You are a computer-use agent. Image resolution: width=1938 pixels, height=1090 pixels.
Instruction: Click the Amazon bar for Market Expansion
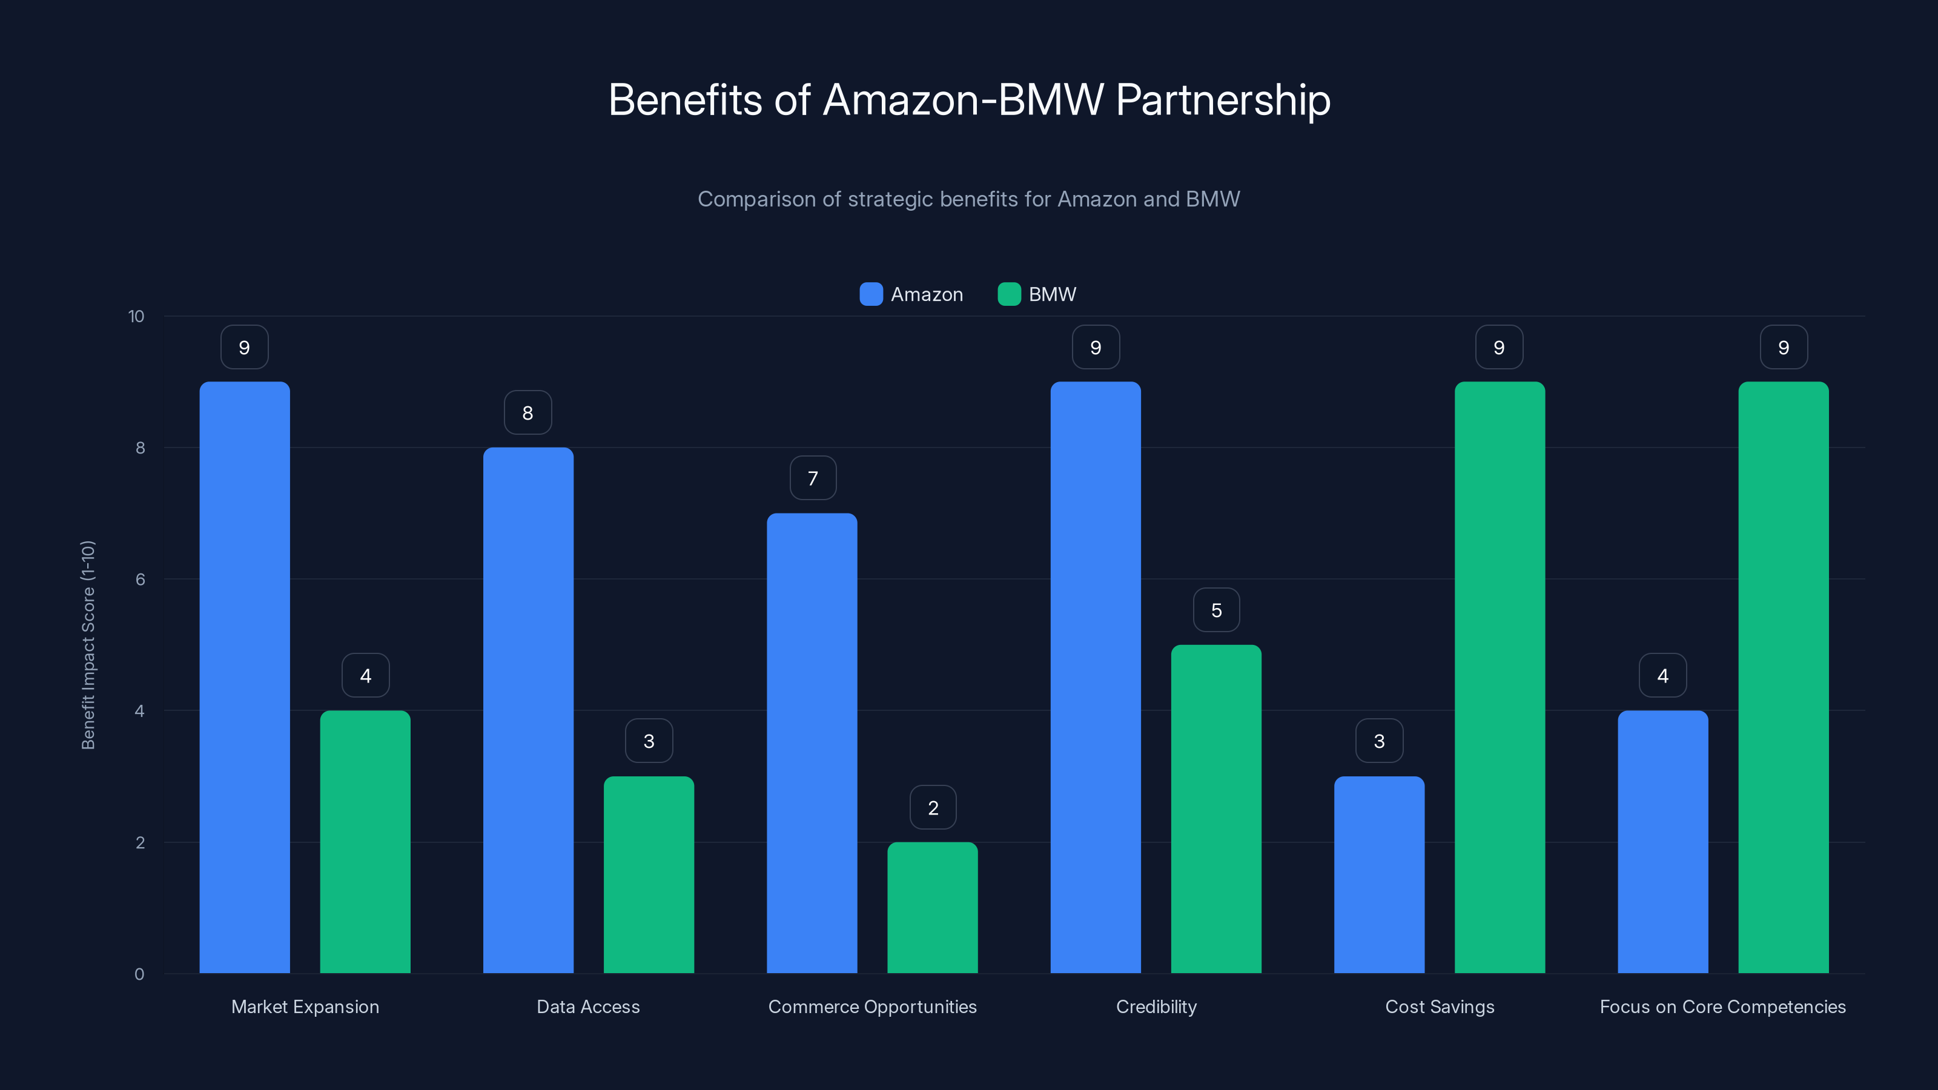click(245, 677)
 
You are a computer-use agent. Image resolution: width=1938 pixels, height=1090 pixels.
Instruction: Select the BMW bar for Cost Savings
click(1500, 677)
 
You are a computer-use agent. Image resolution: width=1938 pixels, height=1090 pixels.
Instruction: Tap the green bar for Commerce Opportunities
click(932, 907)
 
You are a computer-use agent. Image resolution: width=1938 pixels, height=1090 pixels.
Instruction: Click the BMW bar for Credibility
click(1215, 808)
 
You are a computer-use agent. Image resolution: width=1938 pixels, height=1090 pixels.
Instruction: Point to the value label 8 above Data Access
click(527, 412)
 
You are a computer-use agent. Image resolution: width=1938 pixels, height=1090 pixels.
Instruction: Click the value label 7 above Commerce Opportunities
click(813, 478)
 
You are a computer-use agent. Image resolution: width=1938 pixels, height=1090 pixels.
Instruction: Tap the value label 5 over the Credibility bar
click(1215, 610)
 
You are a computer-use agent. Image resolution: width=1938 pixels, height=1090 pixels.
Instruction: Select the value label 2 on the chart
click(933, 807)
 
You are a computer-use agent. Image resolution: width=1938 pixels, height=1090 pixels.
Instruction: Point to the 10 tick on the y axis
click(136, 316)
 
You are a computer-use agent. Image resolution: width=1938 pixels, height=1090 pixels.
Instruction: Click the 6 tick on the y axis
click(140, 580)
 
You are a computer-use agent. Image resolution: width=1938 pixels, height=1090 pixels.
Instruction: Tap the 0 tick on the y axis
click(139, 974)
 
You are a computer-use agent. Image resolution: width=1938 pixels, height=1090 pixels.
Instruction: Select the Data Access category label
click(587, 1006)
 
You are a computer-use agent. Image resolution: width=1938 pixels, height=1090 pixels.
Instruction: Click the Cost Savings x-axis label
click(1439, 1006)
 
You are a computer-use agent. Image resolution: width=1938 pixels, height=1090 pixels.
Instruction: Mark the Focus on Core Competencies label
click(1722, 1006)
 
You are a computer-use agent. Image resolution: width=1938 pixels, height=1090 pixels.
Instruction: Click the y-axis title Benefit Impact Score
click(88, 645)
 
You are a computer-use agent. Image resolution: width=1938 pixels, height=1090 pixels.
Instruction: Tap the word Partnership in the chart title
click(1223, 99)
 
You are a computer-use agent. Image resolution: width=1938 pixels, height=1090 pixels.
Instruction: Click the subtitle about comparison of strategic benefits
click(968, 199)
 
